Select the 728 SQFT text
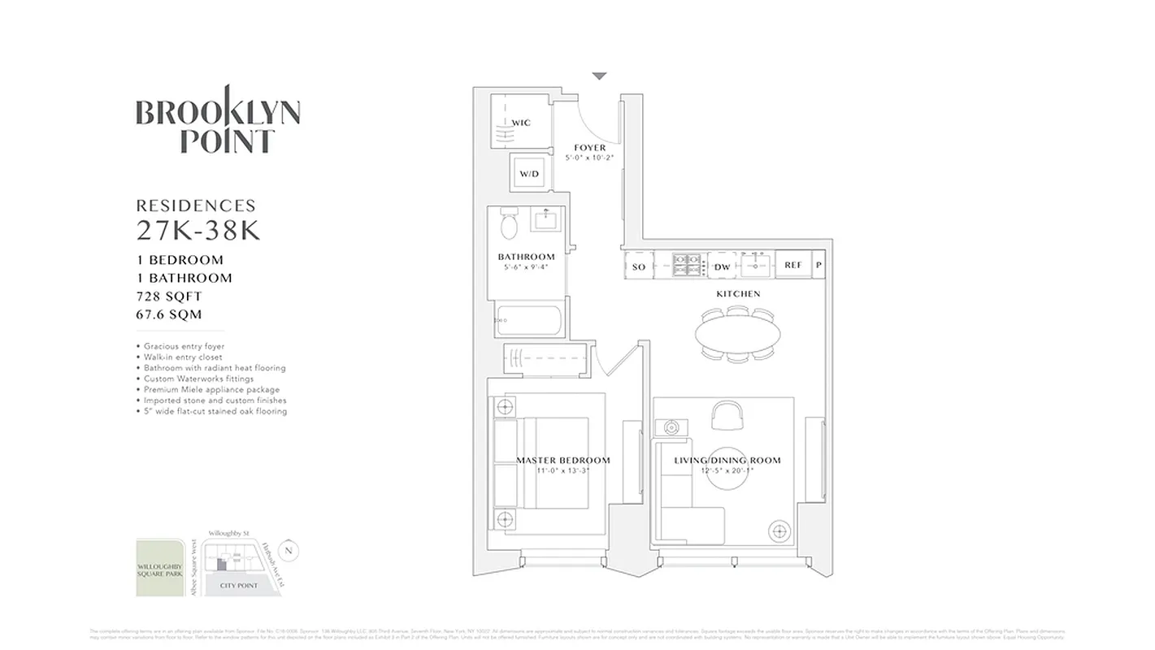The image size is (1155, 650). [170, 297]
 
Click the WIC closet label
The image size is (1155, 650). [521, 123]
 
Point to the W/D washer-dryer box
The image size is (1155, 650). [529, 173]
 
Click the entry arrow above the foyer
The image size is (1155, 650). [599, 76]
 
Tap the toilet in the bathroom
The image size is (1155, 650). [510, 224]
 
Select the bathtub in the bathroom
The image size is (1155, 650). [528, 319]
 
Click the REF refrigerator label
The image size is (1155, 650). [792, 266]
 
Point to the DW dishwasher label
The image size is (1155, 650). [722, 266]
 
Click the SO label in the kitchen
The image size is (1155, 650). [639, 266]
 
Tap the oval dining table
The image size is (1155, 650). [737, 331]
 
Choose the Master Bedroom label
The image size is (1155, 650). [562, 461]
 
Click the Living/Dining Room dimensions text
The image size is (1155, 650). [727, 470]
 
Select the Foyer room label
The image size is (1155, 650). [589, 148]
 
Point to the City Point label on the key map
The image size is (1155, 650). [238, 585]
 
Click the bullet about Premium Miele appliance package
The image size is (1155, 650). [211, 390]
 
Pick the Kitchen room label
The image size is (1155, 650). [738, 293]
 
